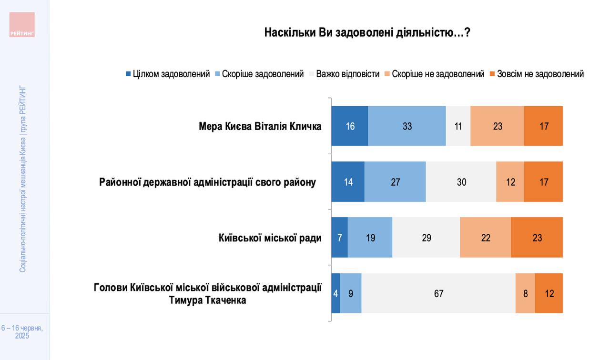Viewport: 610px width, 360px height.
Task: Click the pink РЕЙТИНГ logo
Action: coord(22,25)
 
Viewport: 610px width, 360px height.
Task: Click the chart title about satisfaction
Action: coord(367,32)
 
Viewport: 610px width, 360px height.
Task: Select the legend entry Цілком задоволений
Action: coord(167,74)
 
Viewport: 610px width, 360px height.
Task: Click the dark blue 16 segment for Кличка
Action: coord(350,126)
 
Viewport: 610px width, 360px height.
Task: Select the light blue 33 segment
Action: coord(407,126)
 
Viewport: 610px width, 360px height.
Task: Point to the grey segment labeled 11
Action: coord(458,126)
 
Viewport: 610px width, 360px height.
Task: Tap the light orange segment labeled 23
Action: coord(497,126)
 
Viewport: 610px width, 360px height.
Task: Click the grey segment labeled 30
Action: coord(461,182)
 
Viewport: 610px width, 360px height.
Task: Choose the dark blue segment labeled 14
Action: coord(348,182)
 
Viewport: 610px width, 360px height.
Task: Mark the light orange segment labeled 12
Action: coord(510,182)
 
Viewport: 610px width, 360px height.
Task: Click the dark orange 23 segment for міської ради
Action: coord(537,238)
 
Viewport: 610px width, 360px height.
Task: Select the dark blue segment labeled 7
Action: coord(339,238)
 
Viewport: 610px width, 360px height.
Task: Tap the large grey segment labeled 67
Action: coord(438,293)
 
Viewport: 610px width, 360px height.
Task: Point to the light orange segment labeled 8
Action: coord(525,293)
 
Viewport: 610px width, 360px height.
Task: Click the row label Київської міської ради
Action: coord(270,238)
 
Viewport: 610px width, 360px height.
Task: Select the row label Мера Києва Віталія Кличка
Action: coord(260,126)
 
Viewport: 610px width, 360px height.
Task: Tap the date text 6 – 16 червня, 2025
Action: coord(22,332)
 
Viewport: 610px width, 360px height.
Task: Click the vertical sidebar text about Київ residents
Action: coord(22,179)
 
